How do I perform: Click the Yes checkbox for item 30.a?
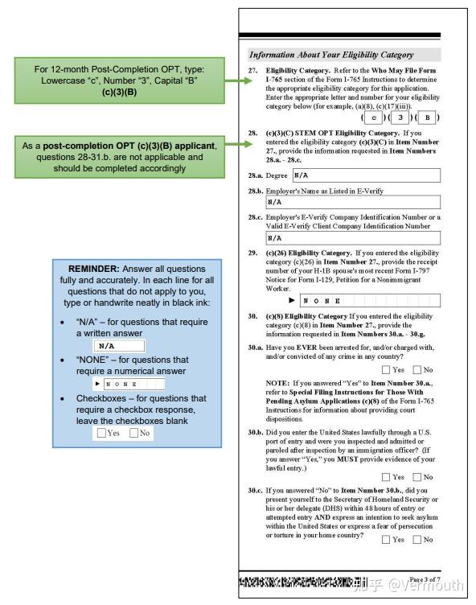point(386,369)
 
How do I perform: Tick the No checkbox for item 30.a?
point(417,369)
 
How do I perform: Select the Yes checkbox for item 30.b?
point(386,477)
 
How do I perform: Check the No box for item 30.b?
point(417,477)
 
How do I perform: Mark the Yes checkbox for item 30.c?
point(386,539)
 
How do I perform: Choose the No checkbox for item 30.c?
point(417,539)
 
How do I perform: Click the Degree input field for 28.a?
point(367,175)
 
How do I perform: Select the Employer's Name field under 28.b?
point(353,202)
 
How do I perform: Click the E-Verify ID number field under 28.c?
point(353,237)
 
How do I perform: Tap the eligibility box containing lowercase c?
point(373,117)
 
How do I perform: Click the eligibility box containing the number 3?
point(400,117)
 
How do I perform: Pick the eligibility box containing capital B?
point(427,117)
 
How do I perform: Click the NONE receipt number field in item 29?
point(370,300)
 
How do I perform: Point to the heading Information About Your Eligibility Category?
point(331,55)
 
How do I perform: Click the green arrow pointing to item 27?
point(239,80)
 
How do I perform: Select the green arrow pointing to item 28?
point(239,144)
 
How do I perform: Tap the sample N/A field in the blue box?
point(119,346)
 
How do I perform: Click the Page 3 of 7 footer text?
point(425,579)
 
